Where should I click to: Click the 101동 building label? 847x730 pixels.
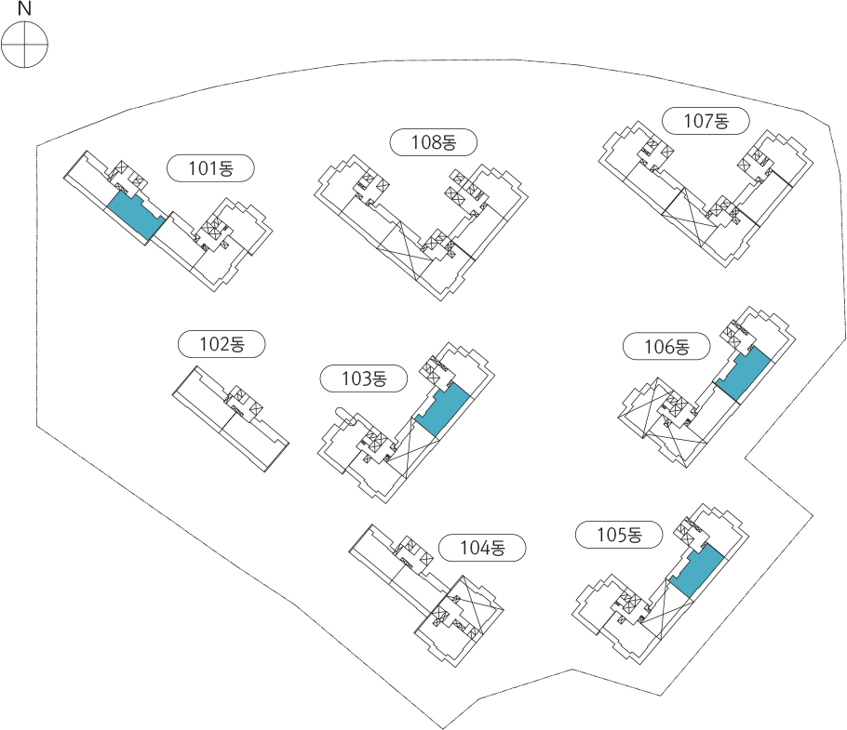click(210, 168)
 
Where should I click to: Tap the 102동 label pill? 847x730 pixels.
click(222, 344)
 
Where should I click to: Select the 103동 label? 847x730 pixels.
click(364, 378)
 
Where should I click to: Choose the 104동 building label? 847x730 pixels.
click(482, 548)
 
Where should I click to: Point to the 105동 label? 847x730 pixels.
click(619, 535)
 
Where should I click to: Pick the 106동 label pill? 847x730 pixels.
click(666, 346)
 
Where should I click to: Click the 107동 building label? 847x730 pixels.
click(706, 120)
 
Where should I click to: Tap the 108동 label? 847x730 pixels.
click(433, 142)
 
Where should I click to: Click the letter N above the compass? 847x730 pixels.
click(24, 8)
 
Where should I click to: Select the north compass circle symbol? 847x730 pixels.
click(24, 44)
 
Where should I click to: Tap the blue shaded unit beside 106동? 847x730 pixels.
click(742, 375)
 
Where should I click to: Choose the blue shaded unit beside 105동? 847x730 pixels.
click(696, 571)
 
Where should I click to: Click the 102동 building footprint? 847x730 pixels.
click(231, 418)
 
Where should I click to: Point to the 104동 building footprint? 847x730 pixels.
click(426, 595)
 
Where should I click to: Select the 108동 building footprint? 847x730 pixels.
click(422, 227)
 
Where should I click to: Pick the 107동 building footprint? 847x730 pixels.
click(706, 194)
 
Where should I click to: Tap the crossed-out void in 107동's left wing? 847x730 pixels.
click(690, 214)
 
